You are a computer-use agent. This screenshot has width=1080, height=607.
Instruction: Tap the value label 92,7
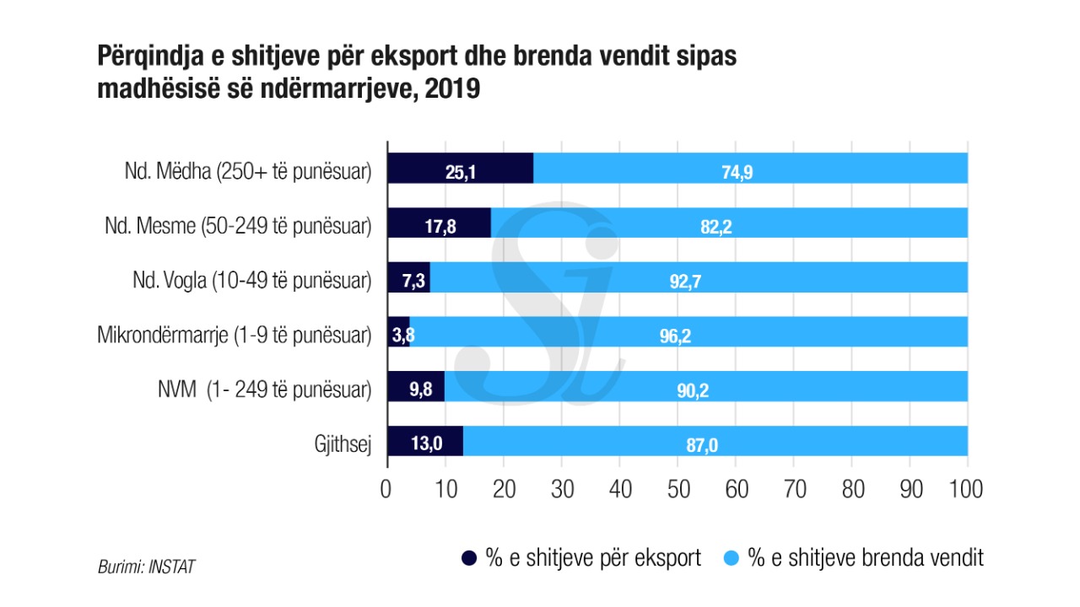pos(685,282)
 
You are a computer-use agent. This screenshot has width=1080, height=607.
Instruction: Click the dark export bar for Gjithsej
pos(424,441)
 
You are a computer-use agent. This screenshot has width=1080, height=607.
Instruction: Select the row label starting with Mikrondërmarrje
pos(234,336)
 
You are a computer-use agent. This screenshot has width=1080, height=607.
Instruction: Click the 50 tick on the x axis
pos(678,490)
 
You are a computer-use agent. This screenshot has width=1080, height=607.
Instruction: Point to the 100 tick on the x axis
pos(967,490)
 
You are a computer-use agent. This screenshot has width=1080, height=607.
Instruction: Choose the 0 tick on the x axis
pos(386,490)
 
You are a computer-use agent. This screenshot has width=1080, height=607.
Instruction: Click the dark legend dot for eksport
pos(470,558)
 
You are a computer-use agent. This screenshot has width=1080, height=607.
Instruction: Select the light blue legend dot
pos(732,558)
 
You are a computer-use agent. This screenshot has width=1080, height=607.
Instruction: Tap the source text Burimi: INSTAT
pos(146,567)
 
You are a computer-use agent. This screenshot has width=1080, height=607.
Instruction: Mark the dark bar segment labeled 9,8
pos(415,389)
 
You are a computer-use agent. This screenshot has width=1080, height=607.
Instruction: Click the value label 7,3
pos(413,282)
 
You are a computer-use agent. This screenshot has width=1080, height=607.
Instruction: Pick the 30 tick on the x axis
pos(561,490)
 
